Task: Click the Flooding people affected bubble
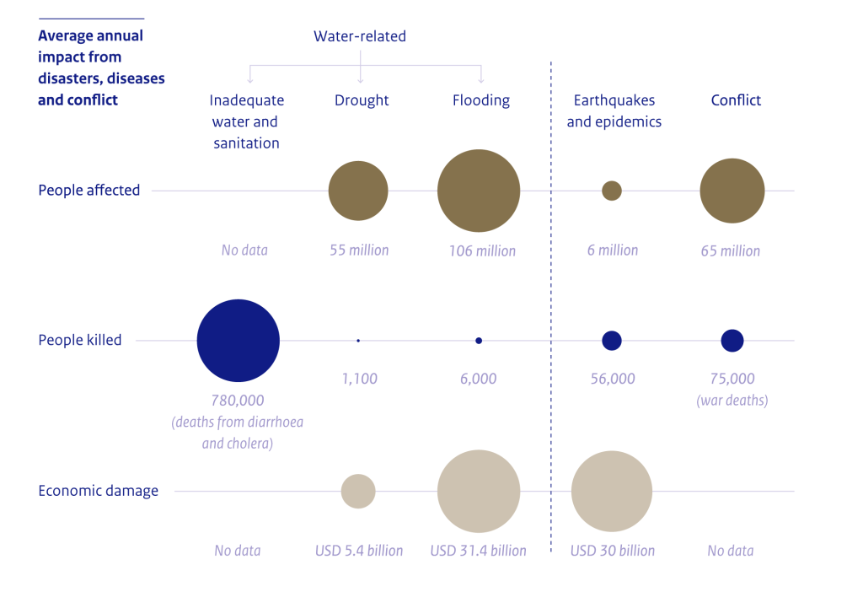(x=478, y=191)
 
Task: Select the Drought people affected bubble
(x=358, y=191)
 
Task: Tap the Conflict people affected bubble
(x=732, y=191)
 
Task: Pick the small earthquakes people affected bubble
(x=612, y=191)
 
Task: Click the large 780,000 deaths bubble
(x=239, y=341)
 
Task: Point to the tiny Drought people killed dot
(x=358, y=341)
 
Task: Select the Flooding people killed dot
(x=479, y=341)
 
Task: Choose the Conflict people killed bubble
(x=732, y=341)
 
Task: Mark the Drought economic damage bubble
(x=358, y=491)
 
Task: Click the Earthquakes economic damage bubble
(x=612, y=492)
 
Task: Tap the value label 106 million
(x=482, y=250)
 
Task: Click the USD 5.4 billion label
(x=359, y=551)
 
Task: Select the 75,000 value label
(x=732, y=379)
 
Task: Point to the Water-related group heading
(x=360, y=36)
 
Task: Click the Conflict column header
(x=736, y=100)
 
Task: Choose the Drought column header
(x=362, y=100)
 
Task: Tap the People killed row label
(x=80, y=341)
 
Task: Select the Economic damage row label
(x=98, y=491)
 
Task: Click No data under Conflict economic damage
(x=731, y=551)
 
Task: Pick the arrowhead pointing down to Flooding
(x=481, y=80)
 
